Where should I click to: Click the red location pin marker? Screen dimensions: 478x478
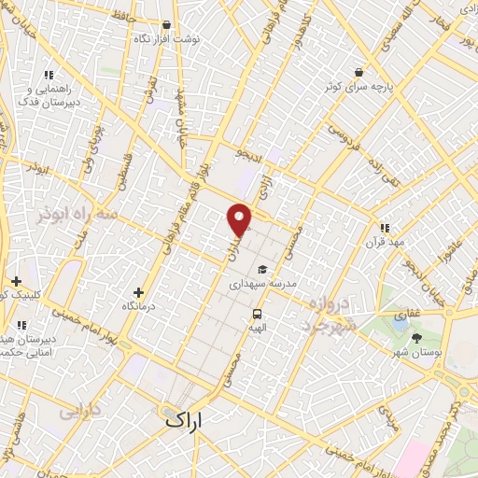[x=240, y=218]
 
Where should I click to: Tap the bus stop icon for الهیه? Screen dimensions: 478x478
[x=257, y=315]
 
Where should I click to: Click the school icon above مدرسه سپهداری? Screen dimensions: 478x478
[x=262, y=269]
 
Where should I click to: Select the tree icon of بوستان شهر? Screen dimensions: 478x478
[x=415, y=337]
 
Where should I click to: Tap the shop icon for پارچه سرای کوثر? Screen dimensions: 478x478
[x=358, y=72]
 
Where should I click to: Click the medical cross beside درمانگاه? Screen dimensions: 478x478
[x=138, y=292]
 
